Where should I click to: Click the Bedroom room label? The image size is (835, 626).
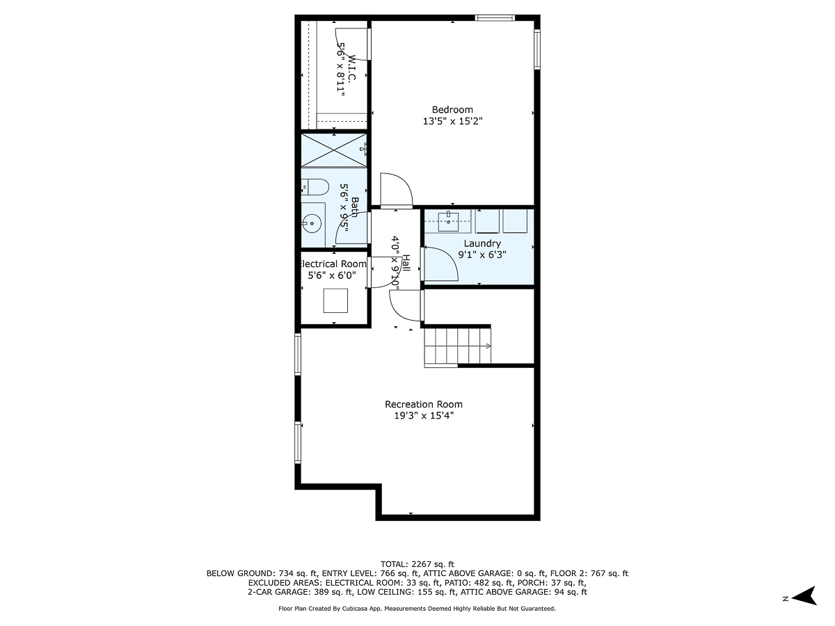click(452, 109)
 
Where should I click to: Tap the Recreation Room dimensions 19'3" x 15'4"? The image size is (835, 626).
click(424, 416)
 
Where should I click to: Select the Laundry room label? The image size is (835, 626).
click(482, 243)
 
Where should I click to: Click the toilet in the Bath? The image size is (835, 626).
click(315, 186)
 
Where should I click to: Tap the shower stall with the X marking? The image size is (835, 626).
click(333, 150)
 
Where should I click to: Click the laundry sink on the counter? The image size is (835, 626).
click(449, 222)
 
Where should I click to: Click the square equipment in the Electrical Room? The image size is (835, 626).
click(335, 301)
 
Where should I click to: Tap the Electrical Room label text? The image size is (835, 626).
click(333, 264)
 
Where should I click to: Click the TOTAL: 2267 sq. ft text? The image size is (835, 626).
click(417, 563)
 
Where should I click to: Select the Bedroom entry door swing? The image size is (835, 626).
click(397, 190)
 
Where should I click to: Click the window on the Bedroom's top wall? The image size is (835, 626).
click(495, 18)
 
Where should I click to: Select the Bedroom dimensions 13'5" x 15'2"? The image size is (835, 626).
click(452, 121)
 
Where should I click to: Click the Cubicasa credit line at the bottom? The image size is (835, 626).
click(417, 609)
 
